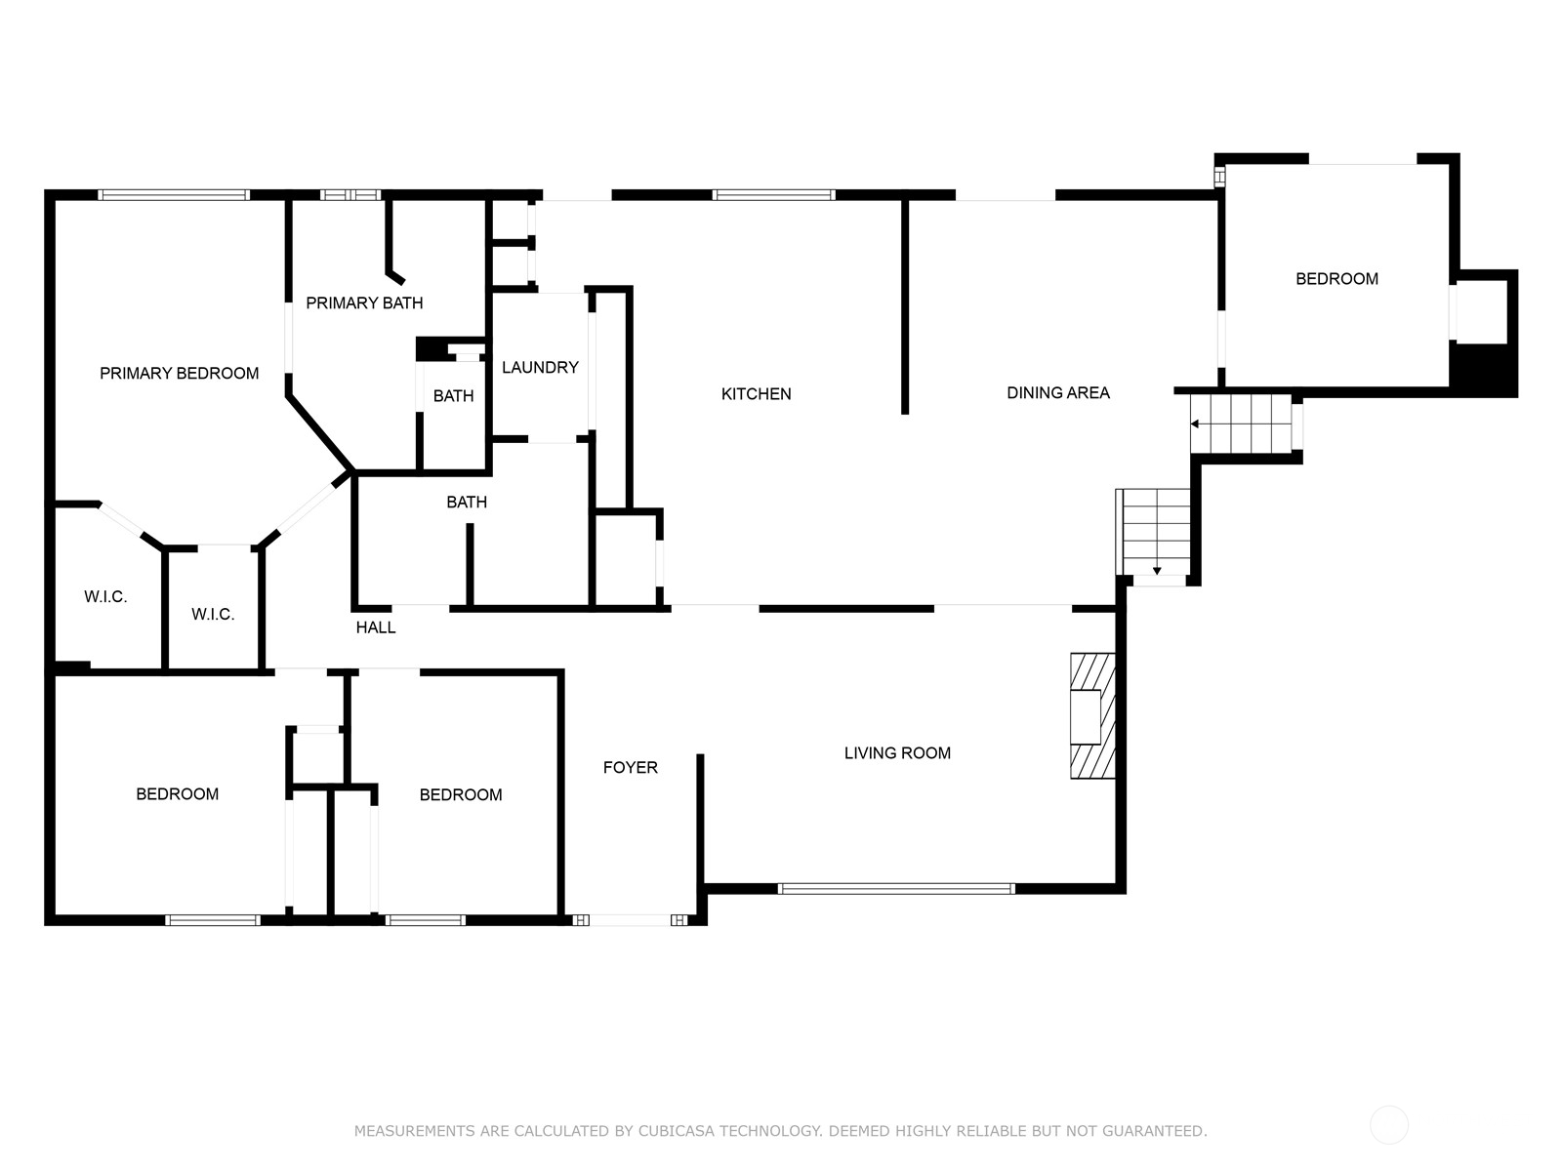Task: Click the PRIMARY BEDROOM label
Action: click(180, 374)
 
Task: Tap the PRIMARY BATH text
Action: click(364, 303)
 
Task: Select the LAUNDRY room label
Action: click(540, 368)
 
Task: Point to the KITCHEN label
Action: click(757, 394)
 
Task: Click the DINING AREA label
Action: click(1058, 392)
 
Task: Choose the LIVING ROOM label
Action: click(897, 753)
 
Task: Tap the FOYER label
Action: click(631, 767)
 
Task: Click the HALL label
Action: click(376, 627)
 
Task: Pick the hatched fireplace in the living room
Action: click(1092, 716)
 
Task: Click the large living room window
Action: click(896, 889)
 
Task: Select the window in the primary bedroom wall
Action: click(174, 195)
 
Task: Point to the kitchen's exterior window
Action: click(773, 195)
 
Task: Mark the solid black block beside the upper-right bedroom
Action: click(1483, 368)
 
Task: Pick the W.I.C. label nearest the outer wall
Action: click(105, 596)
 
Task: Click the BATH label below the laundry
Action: click(467, 502)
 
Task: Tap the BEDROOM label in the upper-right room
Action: click(1337, 279)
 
